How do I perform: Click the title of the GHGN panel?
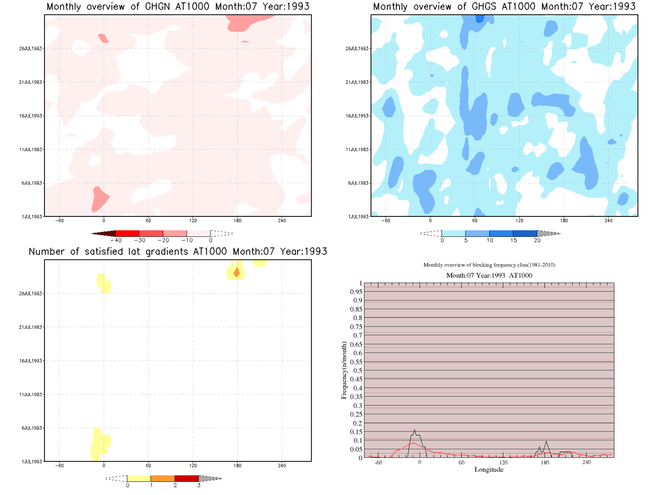tap(178, 7)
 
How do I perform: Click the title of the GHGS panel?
tap(504, 7)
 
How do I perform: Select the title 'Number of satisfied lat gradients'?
tap(178, 252)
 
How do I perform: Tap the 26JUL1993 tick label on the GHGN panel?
tap(30, 49)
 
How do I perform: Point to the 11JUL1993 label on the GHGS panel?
tap(357, 150)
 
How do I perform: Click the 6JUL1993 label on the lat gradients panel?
tap(31, 428)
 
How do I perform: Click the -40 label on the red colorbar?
tap(116, 240)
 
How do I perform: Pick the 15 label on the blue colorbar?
tap(513, 240)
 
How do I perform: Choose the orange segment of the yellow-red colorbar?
tap(163, 479)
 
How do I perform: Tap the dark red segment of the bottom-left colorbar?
tap(187, 479)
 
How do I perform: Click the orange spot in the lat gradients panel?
tap(236, 272)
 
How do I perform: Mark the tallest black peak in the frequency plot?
tap(414, 430)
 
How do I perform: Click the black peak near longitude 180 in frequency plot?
tap(546, 441)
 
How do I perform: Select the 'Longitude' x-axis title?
tap(489, 470)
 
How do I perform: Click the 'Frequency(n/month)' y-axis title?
tap(344, 370)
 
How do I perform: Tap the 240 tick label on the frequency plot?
tap(586, 462)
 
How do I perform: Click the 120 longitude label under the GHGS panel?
tap(519, 221)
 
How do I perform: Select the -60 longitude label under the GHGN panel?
tap(59, 221)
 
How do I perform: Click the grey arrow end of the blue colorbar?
tap(549, 234)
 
